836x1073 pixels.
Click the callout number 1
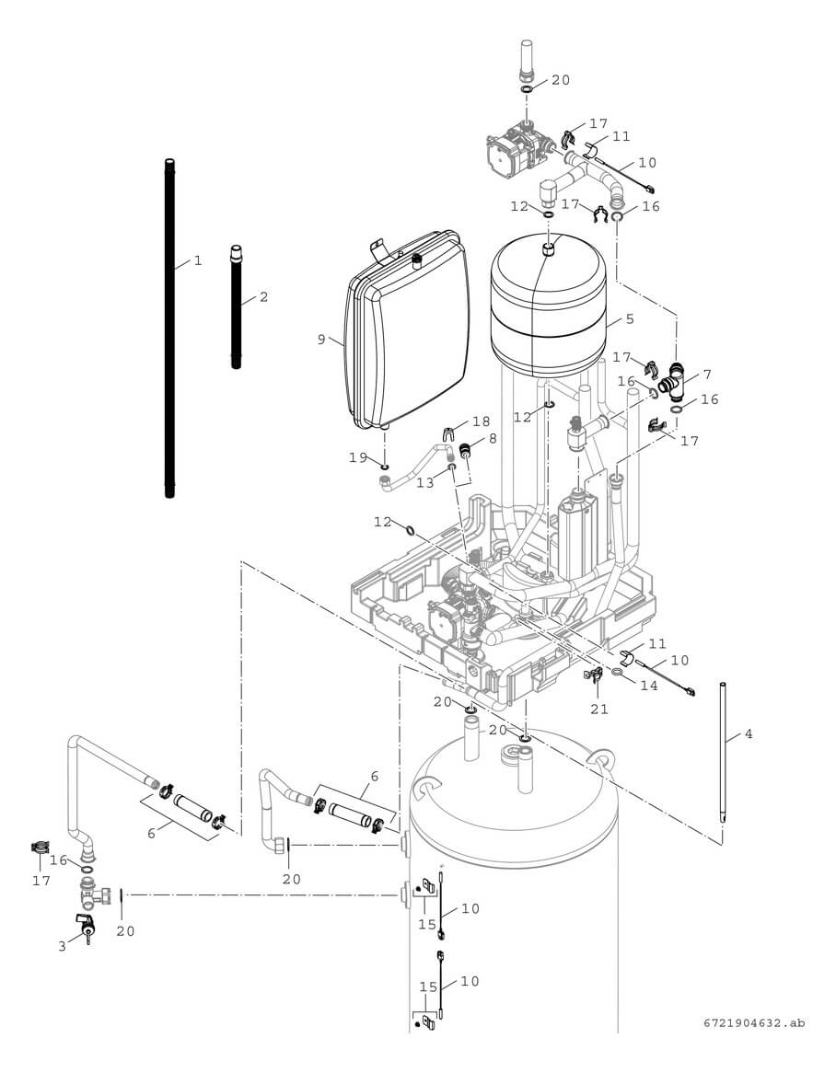197,261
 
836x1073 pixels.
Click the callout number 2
263,297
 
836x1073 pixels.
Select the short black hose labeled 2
236,307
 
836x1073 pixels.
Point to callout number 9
321,340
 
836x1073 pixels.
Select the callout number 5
630,319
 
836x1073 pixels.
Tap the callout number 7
707,375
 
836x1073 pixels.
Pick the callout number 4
749,734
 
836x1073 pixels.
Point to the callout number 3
63,946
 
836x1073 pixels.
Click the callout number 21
599,709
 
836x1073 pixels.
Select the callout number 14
649,686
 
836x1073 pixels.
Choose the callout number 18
481,421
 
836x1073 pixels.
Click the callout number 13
424,483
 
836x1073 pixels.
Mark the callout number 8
493,439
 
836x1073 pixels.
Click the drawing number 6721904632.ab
753,1022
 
